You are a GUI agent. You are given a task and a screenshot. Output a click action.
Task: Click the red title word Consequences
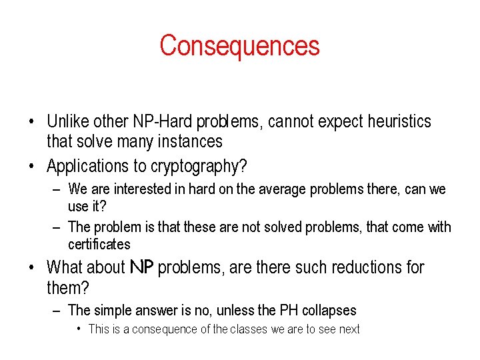tap(239, 46)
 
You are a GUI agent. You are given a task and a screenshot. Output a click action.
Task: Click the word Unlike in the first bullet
tap(65, 121)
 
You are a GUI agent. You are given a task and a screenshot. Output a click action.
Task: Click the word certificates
tap(99, 244)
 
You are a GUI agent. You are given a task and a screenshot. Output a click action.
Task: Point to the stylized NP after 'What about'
tap(141, 268)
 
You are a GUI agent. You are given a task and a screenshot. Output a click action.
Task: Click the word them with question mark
tap(68, 289)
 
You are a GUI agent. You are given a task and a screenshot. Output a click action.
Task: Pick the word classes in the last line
tap(249, 329)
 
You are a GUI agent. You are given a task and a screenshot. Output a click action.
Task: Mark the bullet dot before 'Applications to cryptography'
tap(32, 166)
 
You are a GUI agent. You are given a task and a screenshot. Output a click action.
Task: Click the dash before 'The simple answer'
tap(57, 310)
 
